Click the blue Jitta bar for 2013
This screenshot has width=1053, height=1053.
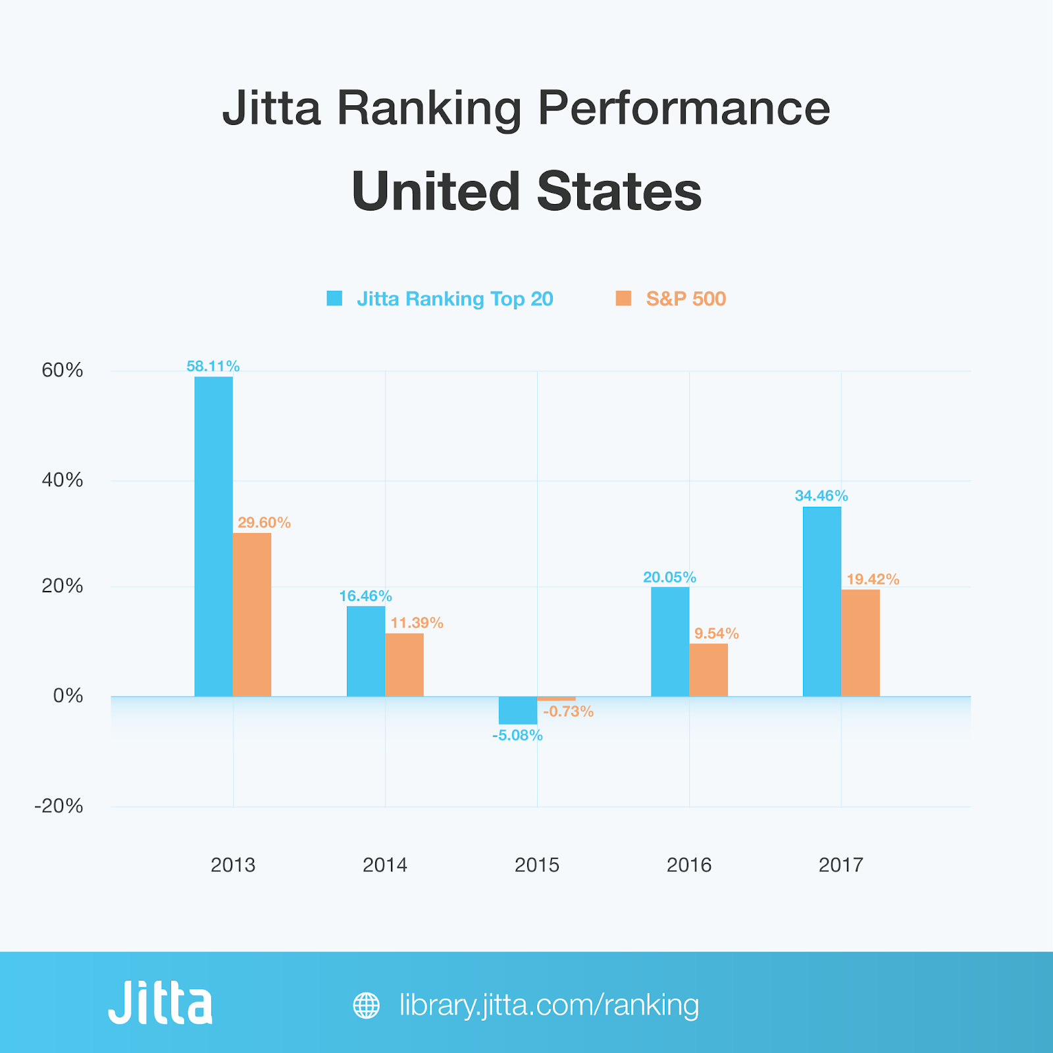213,536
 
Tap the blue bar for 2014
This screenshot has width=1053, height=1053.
366,651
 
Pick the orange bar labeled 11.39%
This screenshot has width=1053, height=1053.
404,664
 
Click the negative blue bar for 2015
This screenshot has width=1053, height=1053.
518,710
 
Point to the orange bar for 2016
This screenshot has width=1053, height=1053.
708,669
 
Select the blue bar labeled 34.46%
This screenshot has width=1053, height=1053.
822,602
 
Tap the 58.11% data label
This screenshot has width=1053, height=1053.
213,367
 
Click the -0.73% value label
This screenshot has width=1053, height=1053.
568,711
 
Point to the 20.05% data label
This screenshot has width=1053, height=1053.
669,577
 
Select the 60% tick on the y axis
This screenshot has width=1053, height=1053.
63,370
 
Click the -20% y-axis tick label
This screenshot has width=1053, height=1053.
59,806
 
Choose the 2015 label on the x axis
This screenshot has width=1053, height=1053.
537,865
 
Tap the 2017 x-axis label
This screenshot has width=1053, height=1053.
840,865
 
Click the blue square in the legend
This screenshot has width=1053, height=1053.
334,299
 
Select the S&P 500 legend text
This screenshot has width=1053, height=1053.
686,299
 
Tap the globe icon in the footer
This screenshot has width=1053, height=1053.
366,1005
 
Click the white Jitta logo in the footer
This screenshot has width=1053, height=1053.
161,1002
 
